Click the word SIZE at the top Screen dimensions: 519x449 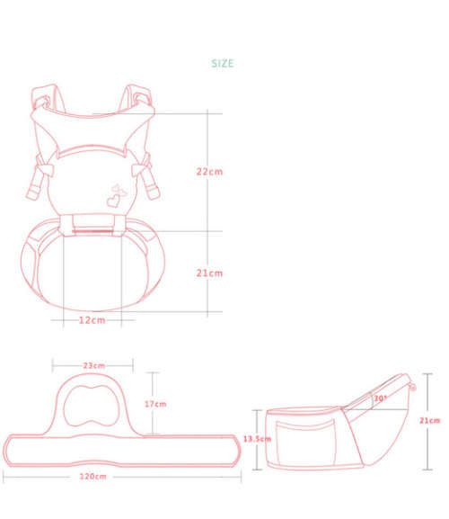pos(222,64)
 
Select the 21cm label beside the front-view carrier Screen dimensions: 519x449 pos(208,273)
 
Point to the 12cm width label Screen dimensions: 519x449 pos(91,319)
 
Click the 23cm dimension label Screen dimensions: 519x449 pos(93,366)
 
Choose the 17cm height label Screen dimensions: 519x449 pos(155,404)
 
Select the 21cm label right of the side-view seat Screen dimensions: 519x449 pos(429,420)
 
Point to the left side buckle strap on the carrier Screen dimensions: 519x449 pos(36,180)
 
